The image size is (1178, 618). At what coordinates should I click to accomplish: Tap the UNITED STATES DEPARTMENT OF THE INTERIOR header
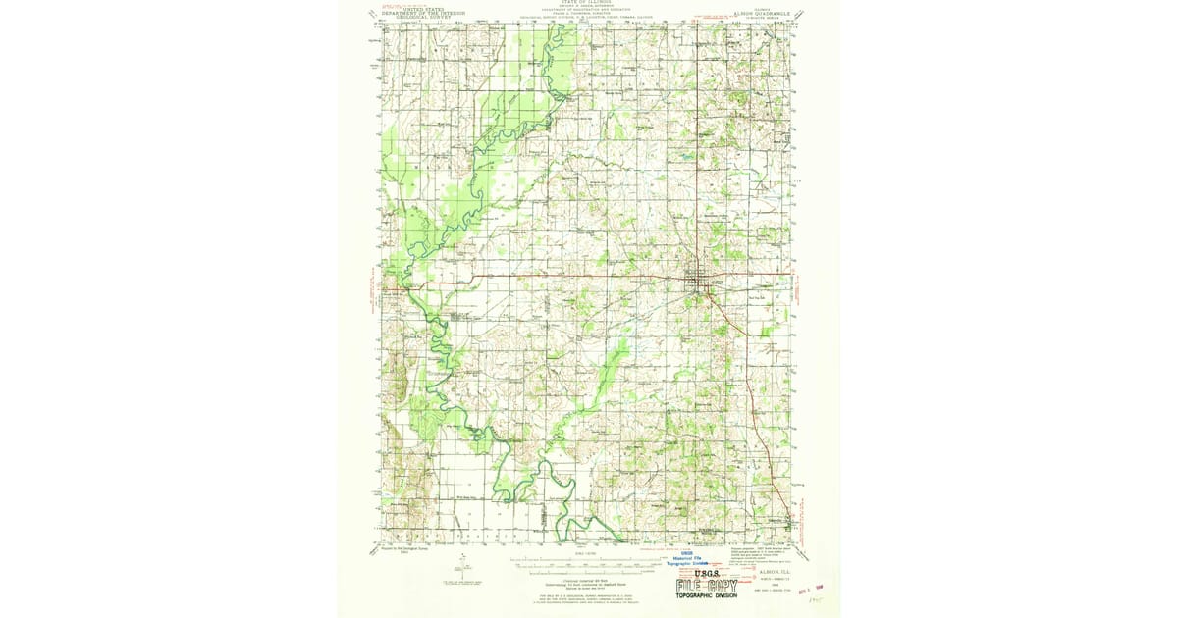click(425, 13)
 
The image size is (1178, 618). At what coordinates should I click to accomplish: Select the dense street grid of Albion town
click(699, 278)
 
